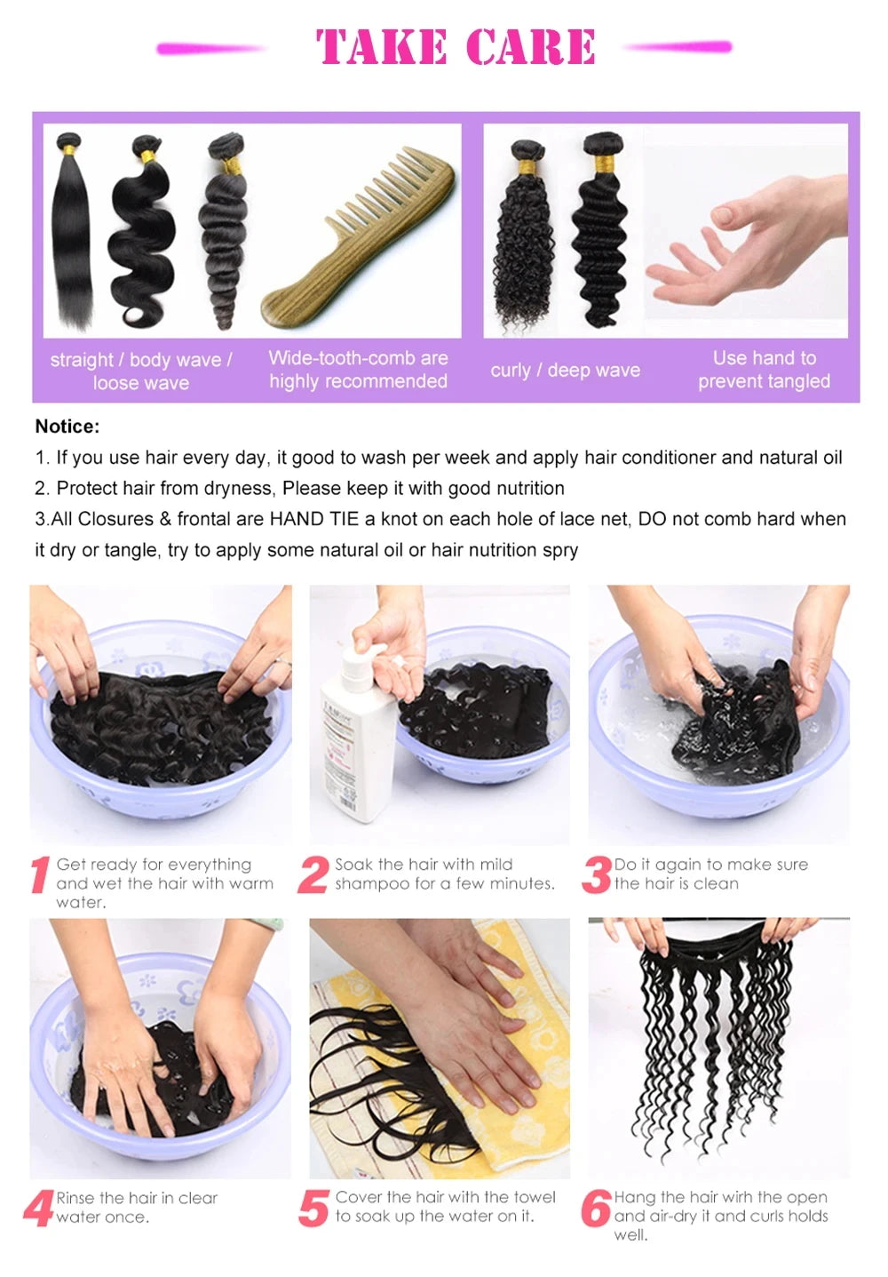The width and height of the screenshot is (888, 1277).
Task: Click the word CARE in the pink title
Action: tap(530, 47)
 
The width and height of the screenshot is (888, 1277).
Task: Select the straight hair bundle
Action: tap(72, 231)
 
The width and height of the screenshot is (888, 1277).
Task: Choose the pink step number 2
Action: tap(313, 874)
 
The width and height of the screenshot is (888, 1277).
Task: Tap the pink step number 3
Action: tap(597, 874)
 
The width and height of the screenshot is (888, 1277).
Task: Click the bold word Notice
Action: tap(67, 427)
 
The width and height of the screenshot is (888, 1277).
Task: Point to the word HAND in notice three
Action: tap(296, 519)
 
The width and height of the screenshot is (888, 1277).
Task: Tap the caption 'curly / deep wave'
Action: tap(565, 371)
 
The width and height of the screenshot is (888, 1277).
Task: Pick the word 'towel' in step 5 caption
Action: tap(533, 1197)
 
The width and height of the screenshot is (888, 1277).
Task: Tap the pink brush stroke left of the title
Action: tap(210, 49)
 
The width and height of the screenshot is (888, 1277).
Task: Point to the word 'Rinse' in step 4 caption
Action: tap(75, 1198)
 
